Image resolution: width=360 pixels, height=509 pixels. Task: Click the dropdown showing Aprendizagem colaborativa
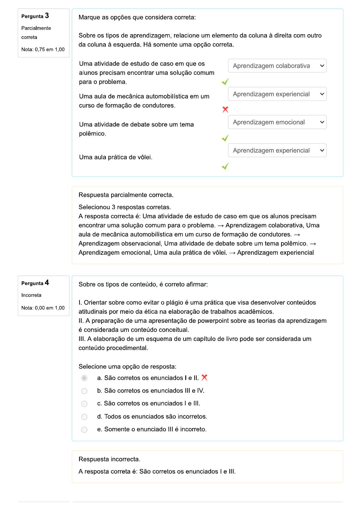277,66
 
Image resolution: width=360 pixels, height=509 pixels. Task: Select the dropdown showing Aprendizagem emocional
277,122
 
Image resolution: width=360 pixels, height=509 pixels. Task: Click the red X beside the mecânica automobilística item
225,109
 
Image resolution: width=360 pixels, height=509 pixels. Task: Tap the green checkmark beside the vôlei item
225,166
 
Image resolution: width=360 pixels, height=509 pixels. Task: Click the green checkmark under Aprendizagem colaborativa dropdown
225,82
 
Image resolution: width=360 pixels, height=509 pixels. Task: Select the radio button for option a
84,378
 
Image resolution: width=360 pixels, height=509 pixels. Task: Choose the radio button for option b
84,391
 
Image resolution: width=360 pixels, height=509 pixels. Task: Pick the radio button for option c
84,404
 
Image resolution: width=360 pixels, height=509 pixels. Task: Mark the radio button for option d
84,417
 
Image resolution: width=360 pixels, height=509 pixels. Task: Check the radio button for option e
84,430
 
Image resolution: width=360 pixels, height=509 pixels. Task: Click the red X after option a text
205,378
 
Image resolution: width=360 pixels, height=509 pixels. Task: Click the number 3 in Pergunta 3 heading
47,16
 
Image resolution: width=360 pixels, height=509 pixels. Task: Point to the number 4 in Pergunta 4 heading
47,283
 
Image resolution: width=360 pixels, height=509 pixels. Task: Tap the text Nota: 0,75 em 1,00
43,50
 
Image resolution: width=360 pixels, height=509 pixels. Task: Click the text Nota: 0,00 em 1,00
43,308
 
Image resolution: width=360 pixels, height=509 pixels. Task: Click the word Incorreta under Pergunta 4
31,295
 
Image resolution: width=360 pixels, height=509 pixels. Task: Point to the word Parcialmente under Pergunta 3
36,28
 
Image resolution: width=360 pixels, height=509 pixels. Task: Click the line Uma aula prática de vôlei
116,157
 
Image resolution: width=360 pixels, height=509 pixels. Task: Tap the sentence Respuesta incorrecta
109,459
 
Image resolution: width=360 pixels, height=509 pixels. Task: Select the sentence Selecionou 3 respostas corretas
125,207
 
